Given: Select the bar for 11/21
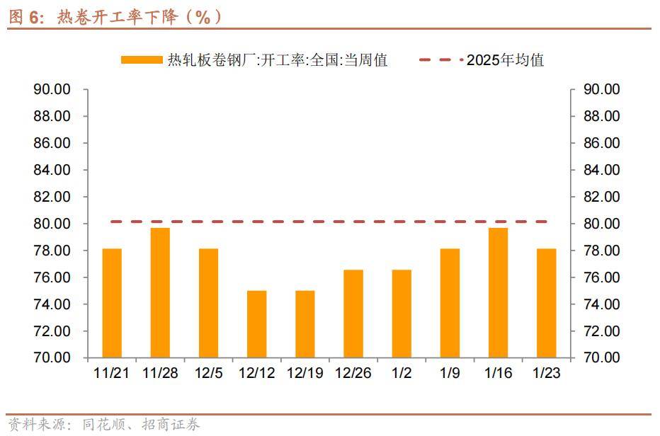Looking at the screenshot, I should point(112,303).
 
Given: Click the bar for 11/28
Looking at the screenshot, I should point(160,292).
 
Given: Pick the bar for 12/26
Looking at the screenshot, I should point(353,314).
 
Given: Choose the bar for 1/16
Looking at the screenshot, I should point(498,292).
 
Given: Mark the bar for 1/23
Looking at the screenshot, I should point(546,303).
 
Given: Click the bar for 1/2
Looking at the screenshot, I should point(402,314).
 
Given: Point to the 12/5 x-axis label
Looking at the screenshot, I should point(208,373).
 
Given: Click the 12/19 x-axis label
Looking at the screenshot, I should point(305,373).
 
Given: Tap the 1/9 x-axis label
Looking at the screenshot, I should point(450,373).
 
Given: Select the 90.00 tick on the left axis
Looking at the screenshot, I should point(52,89).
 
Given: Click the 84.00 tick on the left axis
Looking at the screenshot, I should point(52,170).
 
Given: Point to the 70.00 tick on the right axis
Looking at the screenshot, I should point(601,358).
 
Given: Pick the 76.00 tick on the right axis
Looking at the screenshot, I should point(601,277).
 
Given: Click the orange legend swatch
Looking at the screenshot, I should point(142,60).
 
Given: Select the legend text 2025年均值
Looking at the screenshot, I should point(505,60).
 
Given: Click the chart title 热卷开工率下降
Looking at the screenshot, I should point(113,17).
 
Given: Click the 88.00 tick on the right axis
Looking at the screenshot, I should point(601,116).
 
